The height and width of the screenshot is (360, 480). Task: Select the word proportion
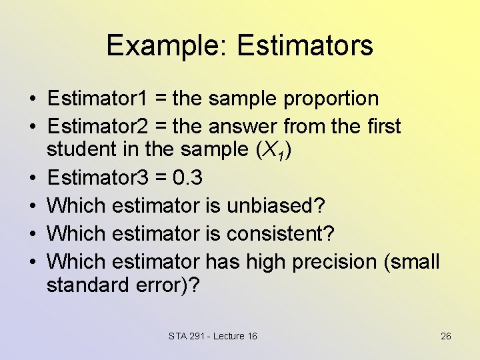pos(331,99)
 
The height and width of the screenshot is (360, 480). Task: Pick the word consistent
pos(281,234)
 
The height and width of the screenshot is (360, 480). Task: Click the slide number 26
pos(446,336)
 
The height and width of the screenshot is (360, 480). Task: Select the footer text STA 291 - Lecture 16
pos(213,336)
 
